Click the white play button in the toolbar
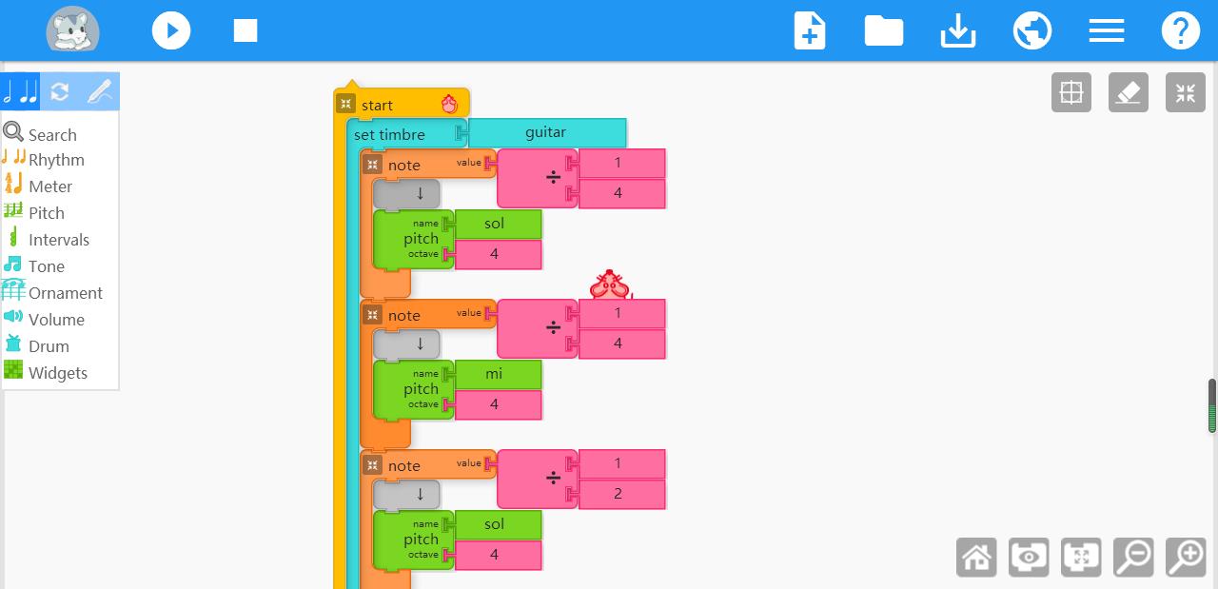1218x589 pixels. [171, 29]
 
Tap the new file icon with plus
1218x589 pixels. [810, 30]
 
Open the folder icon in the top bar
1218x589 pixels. [884, 30]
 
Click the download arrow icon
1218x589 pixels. [958, 30]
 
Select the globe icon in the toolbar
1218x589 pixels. [1032, 30]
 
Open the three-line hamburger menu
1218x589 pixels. [1107, 30]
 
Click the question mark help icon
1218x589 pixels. [1181, 30]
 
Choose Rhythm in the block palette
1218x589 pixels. [56, 160]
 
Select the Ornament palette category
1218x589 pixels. [66, 293]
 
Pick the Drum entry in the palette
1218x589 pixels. [49, 346]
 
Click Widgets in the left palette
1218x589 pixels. [58, 373]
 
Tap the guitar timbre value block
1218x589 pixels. [546, 132]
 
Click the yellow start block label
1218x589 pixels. [377, 106]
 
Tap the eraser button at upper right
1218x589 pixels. [1129, 92]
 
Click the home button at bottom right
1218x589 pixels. [976, 557]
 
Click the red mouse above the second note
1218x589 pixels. [610, 285]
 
